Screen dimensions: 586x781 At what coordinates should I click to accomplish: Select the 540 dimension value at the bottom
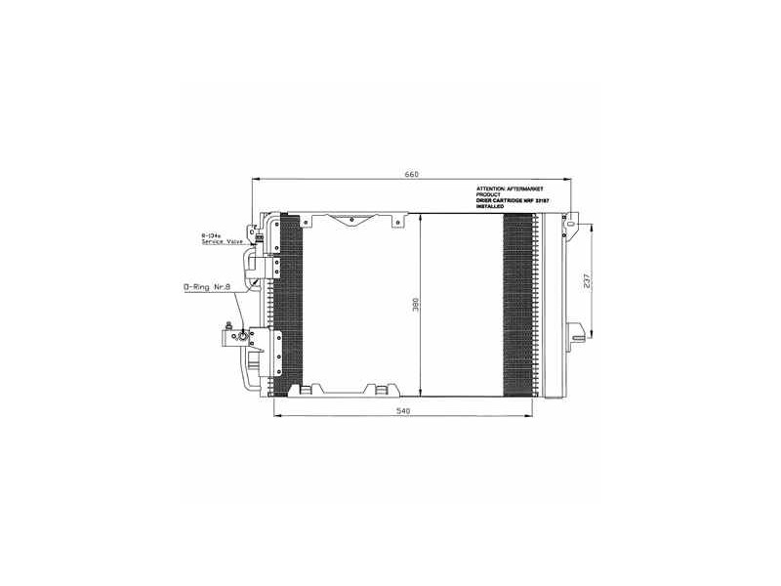coord(403,411)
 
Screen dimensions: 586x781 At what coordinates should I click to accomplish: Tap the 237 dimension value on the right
coord(586,282)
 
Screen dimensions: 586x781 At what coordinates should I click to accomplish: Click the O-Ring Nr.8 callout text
coord(209,288)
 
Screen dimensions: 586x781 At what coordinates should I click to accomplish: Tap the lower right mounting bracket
coord(577,333)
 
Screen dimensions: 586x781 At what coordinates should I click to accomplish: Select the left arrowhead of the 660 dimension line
coord(255,179)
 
